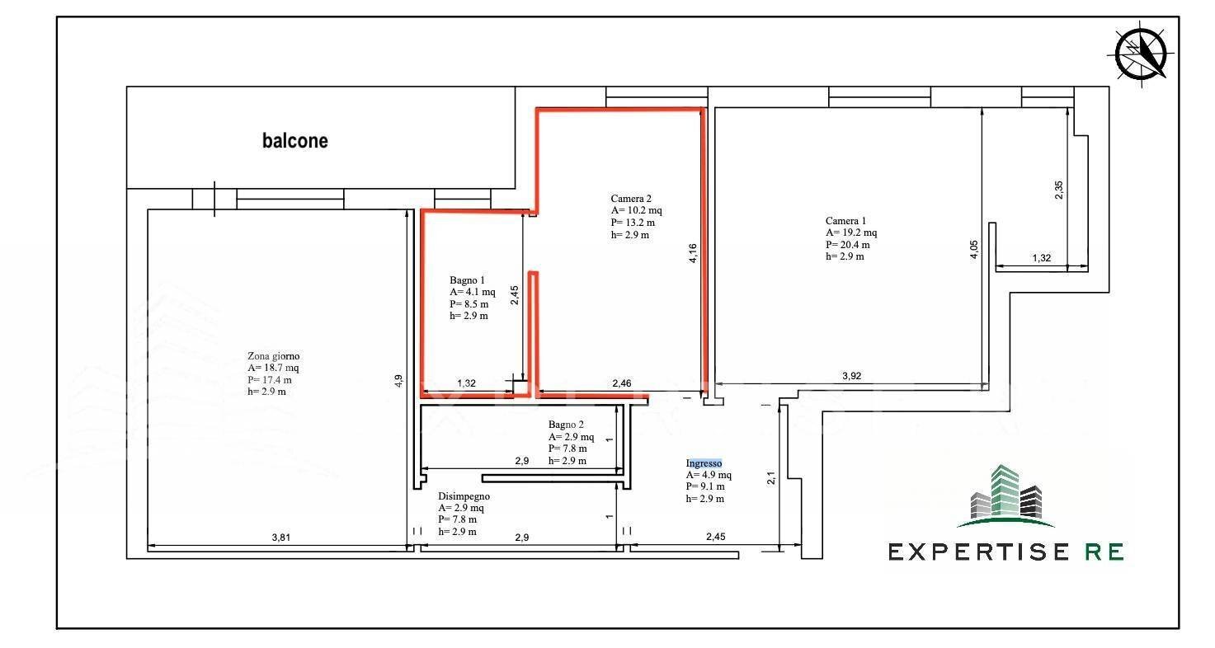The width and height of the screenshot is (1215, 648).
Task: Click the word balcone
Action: pos(295,141)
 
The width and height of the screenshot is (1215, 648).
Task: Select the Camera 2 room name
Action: pos(631,198)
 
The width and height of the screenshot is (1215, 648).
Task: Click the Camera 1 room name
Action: pos(845,220)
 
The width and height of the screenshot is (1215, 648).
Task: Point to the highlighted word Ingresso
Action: pos(704,463)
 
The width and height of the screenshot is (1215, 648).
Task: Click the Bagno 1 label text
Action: pos(468,280)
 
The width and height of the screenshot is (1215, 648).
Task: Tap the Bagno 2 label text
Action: pos(566,425)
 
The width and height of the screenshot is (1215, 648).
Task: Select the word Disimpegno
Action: pos(464,496)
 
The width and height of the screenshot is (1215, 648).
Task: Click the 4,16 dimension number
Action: pos(693,252)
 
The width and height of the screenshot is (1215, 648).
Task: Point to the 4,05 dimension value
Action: pos(974,249)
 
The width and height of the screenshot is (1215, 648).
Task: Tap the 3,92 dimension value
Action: pos(851,376)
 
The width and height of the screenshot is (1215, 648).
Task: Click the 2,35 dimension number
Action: pos(1060,189)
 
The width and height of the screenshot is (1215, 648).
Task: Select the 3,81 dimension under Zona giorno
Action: pos(280,538)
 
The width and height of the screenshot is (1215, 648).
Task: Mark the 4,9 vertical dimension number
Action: pos(399,381)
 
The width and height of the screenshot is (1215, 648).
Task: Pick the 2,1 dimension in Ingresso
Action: pos(772,478)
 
